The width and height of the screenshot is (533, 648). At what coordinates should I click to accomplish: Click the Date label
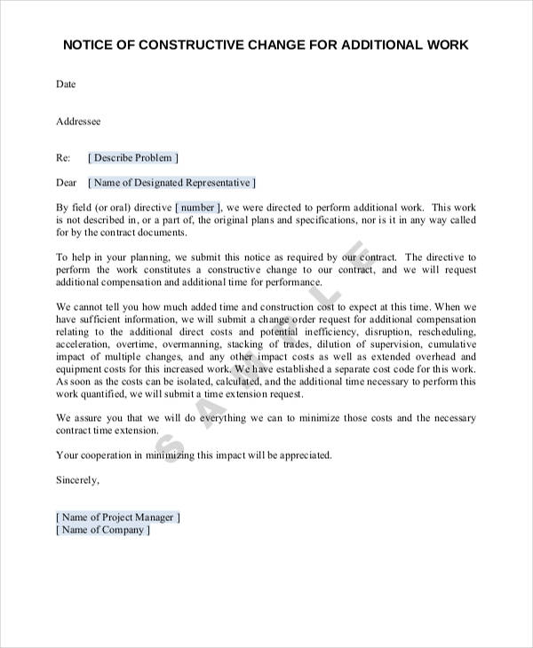click(x=67, y=85)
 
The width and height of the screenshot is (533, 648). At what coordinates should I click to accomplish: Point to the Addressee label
click(x=79, y=122)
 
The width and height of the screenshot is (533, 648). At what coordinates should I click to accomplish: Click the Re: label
click(x=63, y=158)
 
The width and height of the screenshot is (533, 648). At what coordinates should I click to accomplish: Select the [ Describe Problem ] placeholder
click(x=134, y=158)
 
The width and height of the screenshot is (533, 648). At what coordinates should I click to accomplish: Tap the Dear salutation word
click(x=67, y=183)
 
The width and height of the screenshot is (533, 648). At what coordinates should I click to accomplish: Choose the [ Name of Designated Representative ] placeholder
click(x=172, y=183)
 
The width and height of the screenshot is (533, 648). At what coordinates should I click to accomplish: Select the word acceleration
click(x=84, y=344)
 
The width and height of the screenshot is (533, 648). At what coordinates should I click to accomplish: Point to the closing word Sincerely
click(x=78, y=480)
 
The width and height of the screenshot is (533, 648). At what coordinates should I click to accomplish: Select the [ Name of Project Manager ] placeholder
click(x=119, y=517)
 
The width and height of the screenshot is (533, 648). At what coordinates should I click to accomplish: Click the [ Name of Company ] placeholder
click(x=103, y=530)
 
